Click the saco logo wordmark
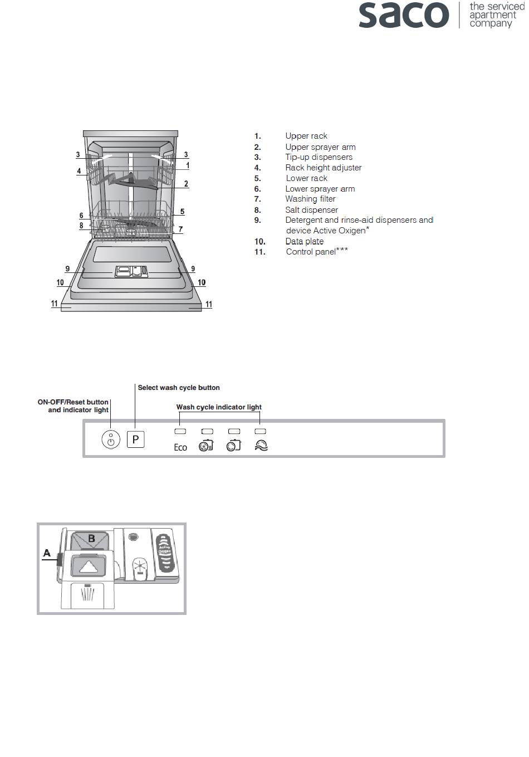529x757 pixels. (403, 15)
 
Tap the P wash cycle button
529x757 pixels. (135, 440)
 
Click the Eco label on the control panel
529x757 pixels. (180, 447)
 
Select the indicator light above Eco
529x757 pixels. (180, 431)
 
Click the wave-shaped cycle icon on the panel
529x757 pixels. (261, 446)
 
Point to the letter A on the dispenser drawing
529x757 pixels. (47, 553)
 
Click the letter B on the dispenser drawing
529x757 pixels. (92, 539)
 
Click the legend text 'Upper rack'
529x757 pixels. (306, 136)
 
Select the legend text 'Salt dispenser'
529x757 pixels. (311, 210)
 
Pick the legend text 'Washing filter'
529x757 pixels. (310, 199)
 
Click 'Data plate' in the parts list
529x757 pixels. (304, 241)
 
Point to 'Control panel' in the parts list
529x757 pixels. (311, 252)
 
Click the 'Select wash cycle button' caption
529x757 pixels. (179, 388)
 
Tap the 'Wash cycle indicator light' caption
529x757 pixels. (219, 407)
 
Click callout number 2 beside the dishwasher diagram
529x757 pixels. (186, 184)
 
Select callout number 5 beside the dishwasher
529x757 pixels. (182, 212)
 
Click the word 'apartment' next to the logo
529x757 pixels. (492, 15)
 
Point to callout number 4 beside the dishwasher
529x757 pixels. (79, 171)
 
